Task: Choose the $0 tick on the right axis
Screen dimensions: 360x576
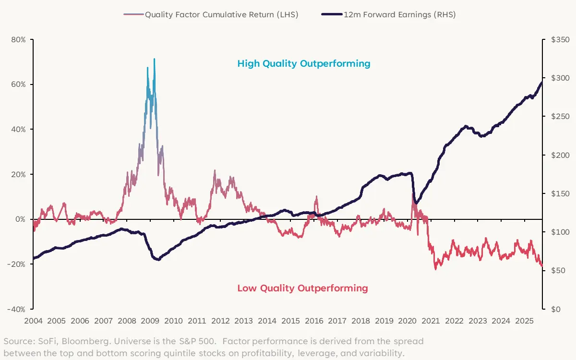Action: (552, 309)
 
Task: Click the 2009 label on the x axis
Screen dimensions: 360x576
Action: (150, 321)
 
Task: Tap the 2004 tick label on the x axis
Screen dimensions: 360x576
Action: (33, 321)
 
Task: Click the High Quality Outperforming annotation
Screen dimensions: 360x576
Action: (304, 63)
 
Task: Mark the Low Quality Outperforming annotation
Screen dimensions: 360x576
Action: (302, 288)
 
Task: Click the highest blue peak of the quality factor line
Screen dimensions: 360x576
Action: (154, 59)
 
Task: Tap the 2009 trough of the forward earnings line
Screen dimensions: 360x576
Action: (157, 260)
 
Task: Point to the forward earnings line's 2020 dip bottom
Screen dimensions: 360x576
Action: (415, 204)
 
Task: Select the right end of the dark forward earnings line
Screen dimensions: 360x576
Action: (542, 83)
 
